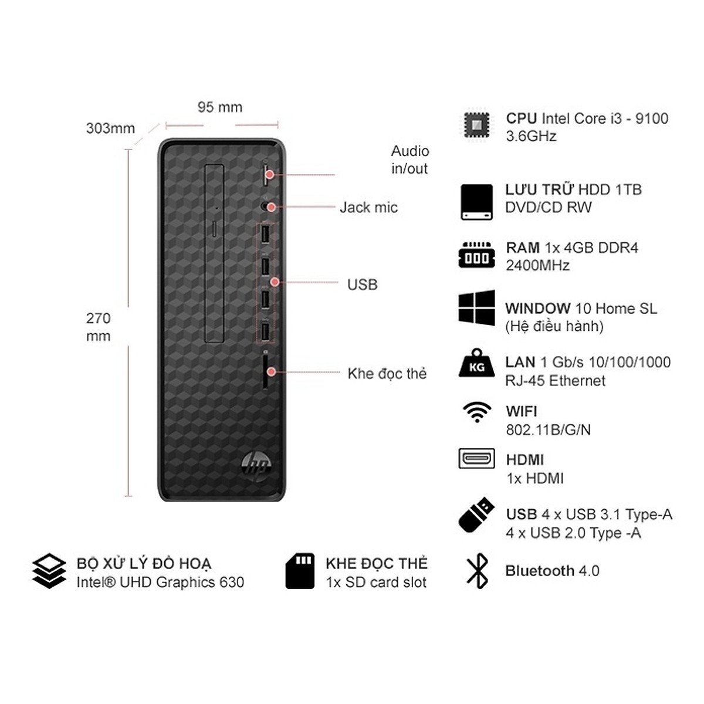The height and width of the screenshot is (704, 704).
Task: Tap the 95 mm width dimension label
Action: [x=220, y=107]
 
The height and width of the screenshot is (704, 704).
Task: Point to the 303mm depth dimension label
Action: [x=110, y=128]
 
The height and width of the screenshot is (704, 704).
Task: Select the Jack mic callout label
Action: [x=368, y=208]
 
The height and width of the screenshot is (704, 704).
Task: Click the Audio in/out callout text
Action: [x=410, y=160]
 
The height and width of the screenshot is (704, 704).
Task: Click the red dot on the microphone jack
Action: [x=271, y=207]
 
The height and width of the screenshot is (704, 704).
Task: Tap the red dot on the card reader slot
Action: [x=271, y=372]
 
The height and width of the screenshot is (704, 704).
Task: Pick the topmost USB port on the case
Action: [x=265, y=234]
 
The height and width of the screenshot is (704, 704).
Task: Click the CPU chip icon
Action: [x=476, y=126]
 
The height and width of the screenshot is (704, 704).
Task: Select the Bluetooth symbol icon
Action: [x=477, y=571]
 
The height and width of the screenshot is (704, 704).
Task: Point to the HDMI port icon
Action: [x=477, y=459]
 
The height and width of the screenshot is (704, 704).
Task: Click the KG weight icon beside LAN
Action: [x=477, y=363]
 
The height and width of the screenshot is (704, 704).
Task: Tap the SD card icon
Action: [x=300, y=571]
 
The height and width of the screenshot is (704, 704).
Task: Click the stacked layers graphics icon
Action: [x=49, y=571]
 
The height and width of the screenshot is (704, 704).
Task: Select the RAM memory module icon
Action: [x=477, y=255]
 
